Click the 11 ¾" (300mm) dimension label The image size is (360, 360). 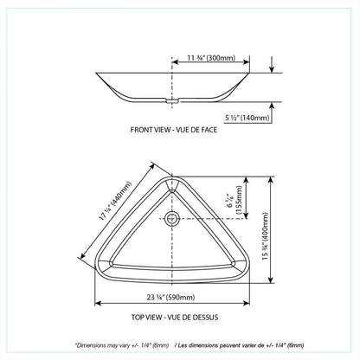(211, 58)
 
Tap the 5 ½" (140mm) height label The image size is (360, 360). (247, 118)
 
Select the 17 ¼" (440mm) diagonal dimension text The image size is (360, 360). (115, 201)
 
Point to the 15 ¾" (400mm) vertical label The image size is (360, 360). (265, 236)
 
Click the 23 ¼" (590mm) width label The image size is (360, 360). (170, 297)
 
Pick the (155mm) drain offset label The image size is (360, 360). (239, 200)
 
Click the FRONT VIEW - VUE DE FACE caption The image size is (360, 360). (174, 130)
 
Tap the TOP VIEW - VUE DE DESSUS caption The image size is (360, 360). (175, 318)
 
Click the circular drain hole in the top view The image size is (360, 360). (172, 218)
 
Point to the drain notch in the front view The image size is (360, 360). (172, 101)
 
